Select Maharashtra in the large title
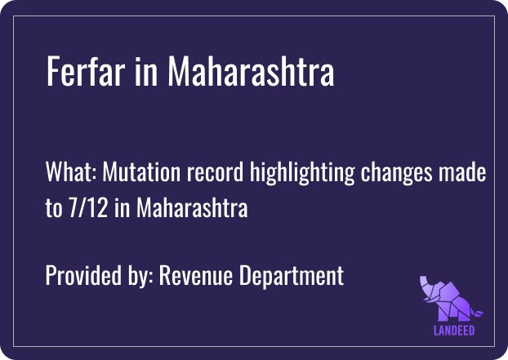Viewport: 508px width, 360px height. pos(251,73)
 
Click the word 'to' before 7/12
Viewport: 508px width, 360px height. pos(53,208)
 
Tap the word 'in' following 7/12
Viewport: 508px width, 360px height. pos(122,208)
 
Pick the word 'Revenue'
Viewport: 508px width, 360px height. pos(194,276)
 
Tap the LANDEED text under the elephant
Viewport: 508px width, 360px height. pos(454,331)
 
